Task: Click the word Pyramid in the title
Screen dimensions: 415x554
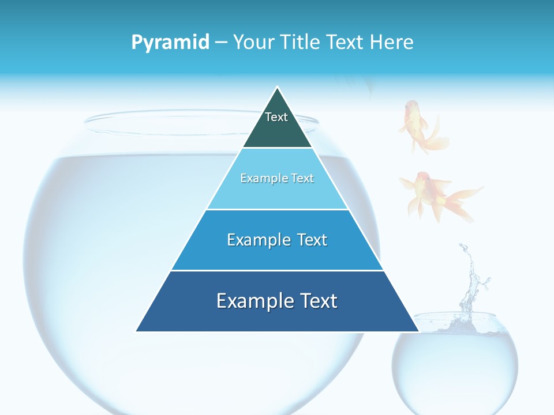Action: [170, 43]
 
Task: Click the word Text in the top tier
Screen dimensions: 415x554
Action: [276, 117]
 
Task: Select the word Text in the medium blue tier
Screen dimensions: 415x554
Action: [308, 240]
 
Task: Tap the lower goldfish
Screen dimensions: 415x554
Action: [436, 195]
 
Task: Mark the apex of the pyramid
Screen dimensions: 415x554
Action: [278, 88]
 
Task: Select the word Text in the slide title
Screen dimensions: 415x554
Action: [346, 43]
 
